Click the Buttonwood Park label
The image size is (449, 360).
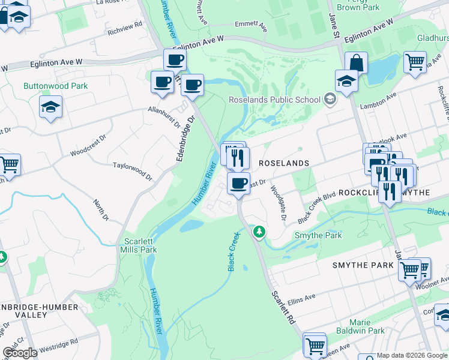pyautogui.click(x=55, y=86)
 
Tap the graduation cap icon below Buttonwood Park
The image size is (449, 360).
pyautogui.click(x=51, y=108)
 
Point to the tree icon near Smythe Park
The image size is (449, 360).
pyautogui.click(x=259, y=231)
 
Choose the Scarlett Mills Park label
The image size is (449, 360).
pyautogui.click(x=140, y=245)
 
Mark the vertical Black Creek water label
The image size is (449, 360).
pyautogui.click(x=234, y=252)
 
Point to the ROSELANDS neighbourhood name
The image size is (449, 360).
pyautogui.click(x=284, y=163)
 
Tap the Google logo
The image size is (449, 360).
pyautogui.click(x=20, y=353)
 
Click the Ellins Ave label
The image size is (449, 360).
pyautogui.click(x=301, y=298)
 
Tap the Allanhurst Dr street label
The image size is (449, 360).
pyautogui.click(x=164, y=117)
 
